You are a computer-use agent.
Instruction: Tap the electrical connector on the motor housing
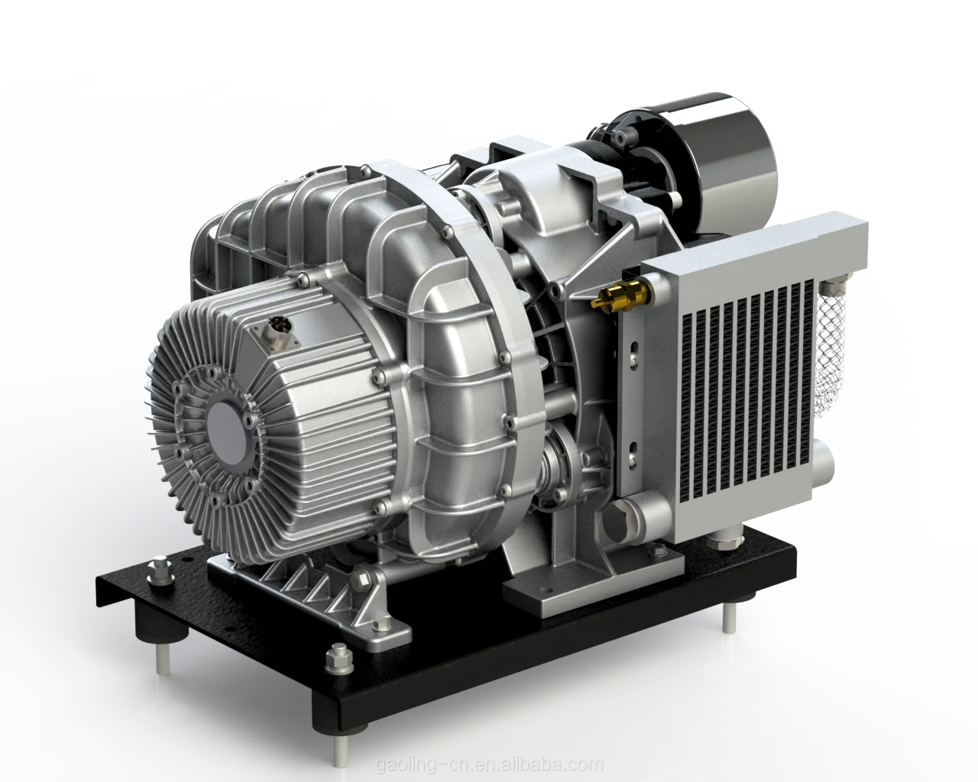click(271, 331)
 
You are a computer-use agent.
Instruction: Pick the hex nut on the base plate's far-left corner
click(160, 567)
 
